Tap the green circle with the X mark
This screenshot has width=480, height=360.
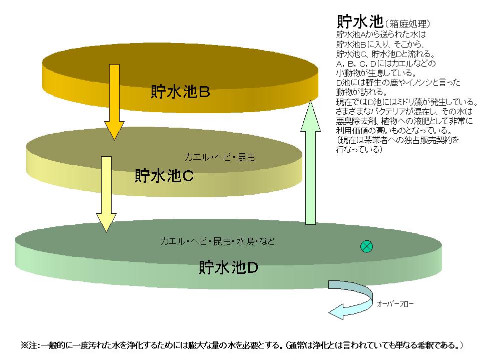coord(367,246)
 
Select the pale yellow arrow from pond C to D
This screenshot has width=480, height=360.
coord(106,192)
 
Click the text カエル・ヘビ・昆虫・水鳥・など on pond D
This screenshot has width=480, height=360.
coord(217,241)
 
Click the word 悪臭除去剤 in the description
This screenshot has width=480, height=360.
coord(354,121)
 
